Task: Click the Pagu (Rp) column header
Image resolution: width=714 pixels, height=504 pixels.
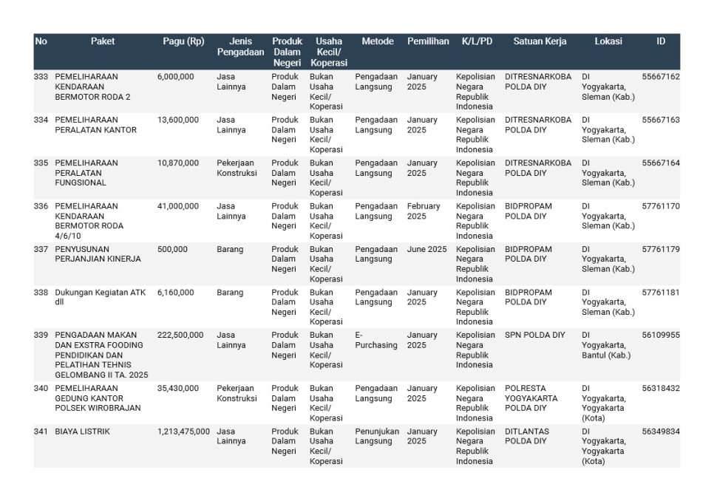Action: coord(183,41)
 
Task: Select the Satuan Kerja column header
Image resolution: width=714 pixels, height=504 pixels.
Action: coord(540,41)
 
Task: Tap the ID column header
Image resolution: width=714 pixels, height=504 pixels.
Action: coord(660,41)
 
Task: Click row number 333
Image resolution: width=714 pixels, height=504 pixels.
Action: coord(41,77)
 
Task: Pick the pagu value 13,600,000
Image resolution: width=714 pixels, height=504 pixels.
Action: coord(177,120)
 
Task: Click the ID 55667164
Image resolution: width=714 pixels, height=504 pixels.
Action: coord(660,163)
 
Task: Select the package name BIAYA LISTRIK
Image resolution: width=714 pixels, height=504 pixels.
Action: coord(82,432)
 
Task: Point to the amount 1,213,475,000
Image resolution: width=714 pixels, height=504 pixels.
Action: coord(183,432)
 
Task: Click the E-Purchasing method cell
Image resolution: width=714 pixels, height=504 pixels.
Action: coord(375,340)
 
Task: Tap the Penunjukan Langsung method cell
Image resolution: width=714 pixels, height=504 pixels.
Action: coord(376,436)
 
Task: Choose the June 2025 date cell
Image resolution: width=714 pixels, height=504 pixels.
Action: coord(426,250)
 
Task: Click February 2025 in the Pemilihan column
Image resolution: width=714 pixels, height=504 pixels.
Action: coord(423,211)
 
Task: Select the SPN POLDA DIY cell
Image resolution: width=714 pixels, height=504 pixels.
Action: coord(534,336)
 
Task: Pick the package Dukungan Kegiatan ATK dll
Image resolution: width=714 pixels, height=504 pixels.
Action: coord(100,297)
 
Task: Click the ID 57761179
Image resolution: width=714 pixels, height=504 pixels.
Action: coord(660,250)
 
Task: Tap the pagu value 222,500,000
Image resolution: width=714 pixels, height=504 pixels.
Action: coord(180,336)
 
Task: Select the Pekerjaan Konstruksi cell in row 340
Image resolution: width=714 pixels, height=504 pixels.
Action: coord(237,393)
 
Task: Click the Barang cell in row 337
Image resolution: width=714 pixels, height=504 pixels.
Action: coord(230,250)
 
